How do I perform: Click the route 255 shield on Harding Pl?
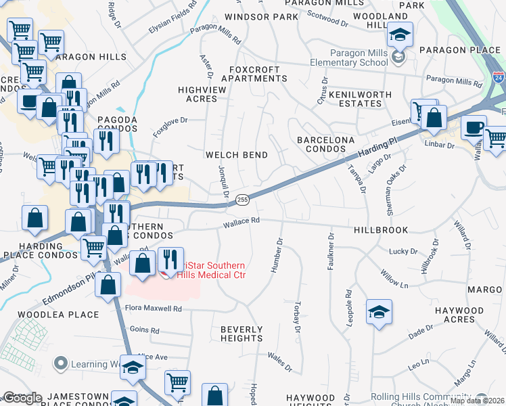(243, 200)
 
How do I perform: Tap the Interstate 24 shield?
(498, 78)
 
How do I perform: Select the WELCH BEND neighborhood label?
(236, 155)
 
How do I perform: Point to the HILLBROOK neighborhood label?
(380, 230)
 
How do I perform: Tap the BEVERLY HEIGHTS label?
(241, 334)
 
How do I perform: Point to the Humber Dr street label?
(276, 256)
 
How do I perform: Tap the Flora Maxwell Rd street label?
(154, 309)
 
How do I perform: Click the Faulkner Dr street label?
(331, 252)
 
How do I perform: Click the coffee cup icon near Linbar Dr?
(474, 127)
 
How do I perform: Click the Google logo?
(22, 398)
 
